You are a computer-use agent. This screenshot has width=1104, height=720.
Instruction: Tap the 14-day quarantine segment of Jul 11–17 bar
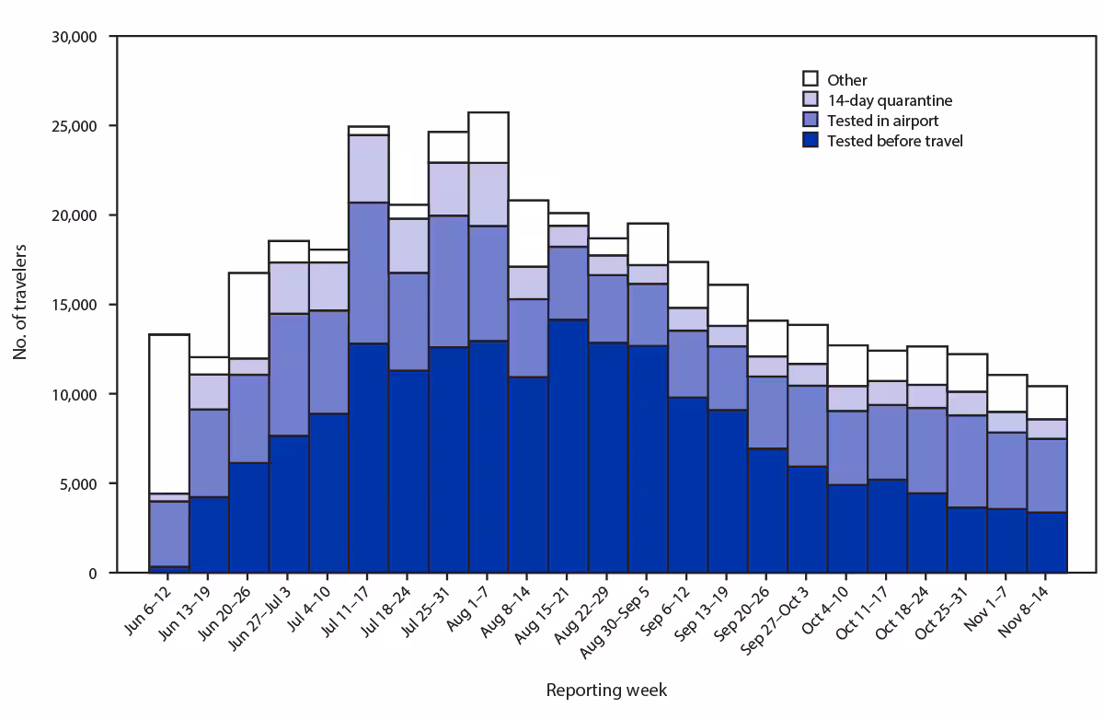[x=369, y=168]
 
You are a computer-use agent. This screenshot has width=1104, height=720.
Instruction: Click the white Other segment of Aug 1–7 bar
[x=489, y=137]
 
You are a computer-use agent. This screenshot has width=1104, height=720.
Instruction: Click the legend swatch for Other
[x=811, y=80]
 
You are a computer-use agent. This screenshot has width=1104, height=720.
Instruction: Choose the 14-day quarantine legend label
[x=889, y=100]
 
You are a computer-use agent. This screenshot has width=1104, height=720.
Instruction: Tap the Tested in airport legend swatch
[x=811, y=121]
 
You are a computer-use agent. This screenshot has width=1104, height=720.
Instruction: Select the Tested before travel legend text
[x=894, y=141]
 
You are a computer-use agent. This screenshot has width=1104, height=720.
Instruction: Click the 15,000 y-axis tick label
[x=75, y=305]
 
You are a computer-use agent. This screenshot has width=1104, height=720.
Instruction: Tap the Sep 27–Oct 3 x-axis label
[x=775, y=621]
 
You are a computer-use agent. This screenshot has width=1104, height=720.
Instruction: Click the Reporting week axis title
[x=606, y=690]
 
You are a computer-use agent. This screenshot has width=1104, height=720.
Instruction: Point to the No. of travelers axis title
[x=20, y=304]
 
